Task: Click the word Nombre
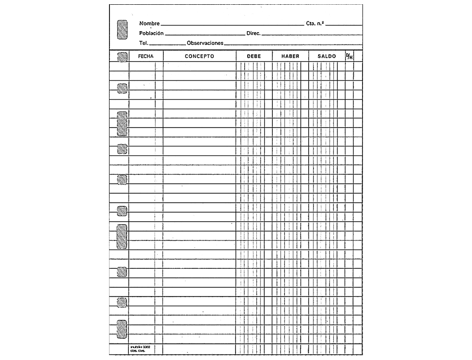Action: (150, 24)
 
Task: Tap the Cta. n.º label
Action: (315, 24)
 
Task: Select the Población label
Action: (152, 33)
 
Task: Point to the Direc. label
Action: (253, 34)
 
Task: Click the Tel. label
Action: (144, 43)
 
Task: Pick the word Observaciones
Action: (205, 43)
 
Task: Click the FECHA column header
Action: (146, 56)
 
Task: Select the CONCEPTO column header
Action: (199, 56)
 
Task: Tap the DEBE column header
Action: (254, 56)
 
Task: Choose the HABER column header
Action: (290, 56)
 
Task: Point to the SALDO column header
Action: (327, 56)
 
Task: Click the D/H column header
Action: (349, 56)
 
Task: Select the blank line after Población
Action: (205, 35)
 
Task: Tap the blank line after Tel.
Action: (168, 44)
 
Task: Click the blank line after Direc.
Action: (312, 35)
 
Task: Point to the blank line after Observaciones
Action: (293, 44)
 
